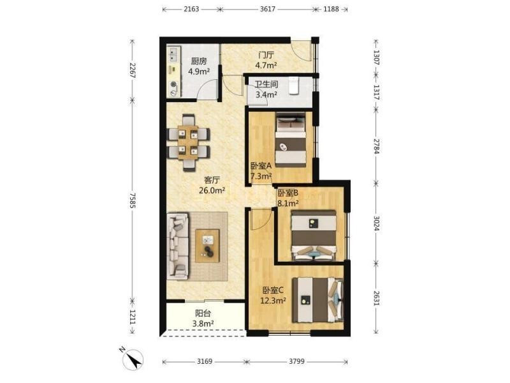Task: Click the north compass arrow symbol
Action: coord(134,359)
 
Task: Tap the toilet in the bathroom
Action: coord(294,86)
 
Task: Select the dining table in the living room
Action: coord(188,142)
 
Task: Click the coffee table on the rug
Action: coord(207,246)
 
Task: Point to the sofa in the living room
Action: coord(178,246)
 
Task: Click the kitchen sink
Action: coord(173,54)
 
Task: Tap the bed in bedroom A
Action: coord(291,140)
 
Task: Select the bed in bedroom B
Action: coord(314,235)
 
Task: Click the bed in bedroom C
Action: coord(317,299)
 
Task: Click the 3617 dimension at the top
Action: coord(268,9)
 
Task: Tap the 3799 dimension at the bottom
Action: coord(296,361)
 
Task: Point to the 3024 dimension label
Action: coord(376,223)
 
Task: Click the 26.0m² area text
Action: coord(212,190)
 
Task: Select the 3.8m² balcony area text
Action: coord(203,324)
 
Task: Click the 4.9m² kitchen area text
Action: coord(199,71)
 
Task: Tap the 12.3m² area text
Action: coord(273,300)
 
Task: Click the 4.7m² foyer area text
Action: coord(266,65)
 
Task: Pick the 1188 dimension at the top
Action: coord(331,9)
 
